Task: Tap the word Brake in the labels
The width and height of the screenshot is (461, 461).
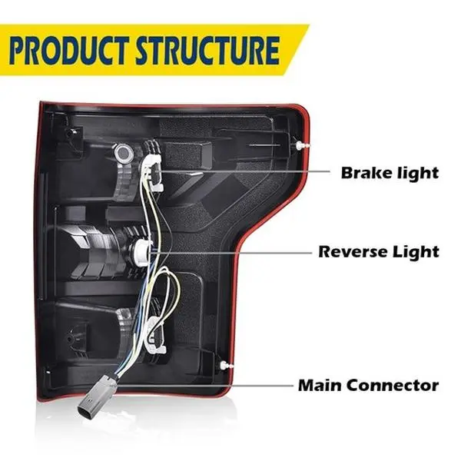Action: pyautogui.click(x=365, y=172)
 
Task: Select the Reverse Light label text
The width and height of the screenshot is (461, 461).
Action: pyautogui.click(x=379, y=251)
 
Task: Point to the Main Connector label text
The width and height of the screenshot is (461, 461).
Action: pyautogui.click(x=369, y=385)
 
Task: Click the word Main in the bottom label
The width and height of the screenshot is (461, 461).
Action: pyautogui.click(x=319, y=385)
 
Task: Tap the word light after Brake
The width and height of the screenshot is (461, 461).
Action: pyautogui.click(x=415, y=172)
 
